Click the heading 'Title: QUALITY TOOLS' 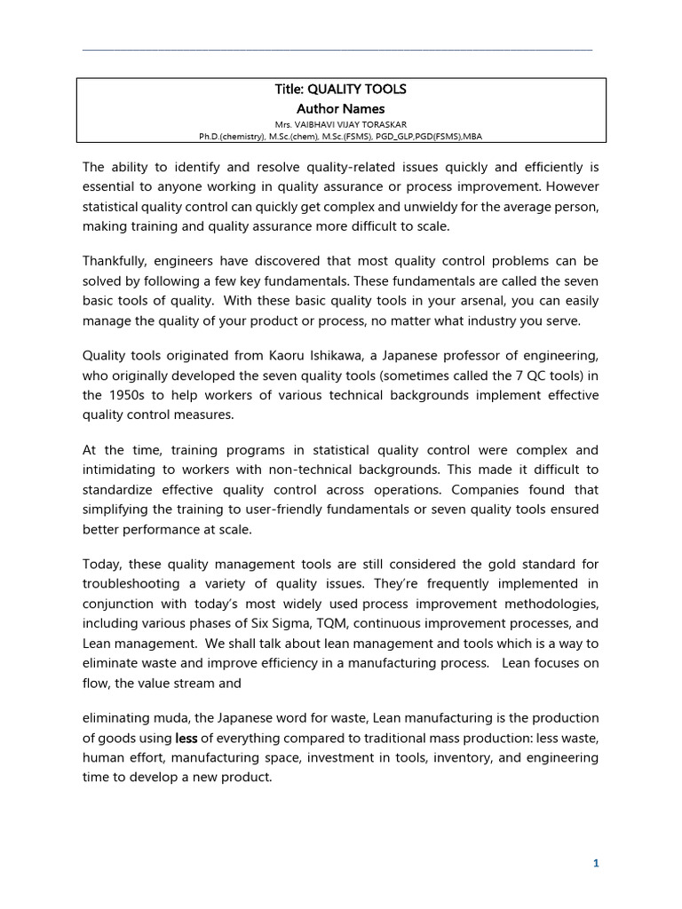tap(341, 90)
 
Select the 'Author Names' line tap(341, 108)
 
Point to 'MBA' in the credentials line tap(471, 137)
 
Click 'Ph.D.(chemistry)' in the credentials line tap(233, 137)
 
